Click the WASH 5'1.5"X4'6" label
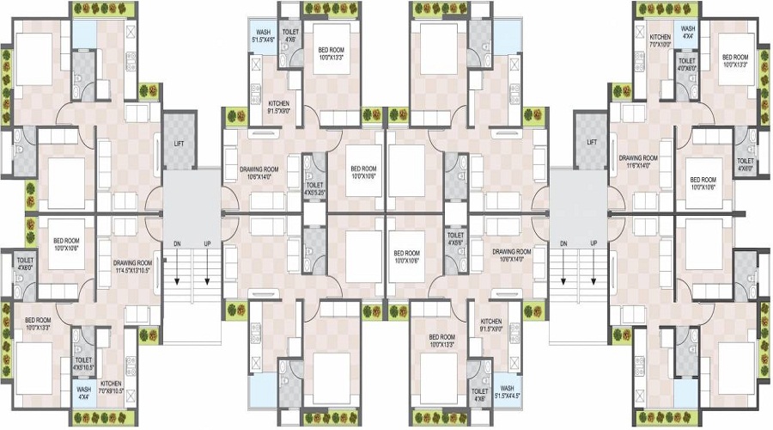pos(263,35)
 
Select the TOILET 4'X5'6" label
pos(455,239)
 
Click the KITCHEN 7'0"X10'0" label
pos(660,40)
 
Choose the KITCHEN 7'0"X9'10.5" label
pos(113,387)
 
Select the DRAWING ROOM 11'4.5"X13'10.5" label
pos(132,267)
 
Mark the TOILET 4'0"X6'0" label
pos(687,66)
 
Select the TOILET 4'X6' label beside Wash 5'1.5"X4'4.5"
pos(479,394)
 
